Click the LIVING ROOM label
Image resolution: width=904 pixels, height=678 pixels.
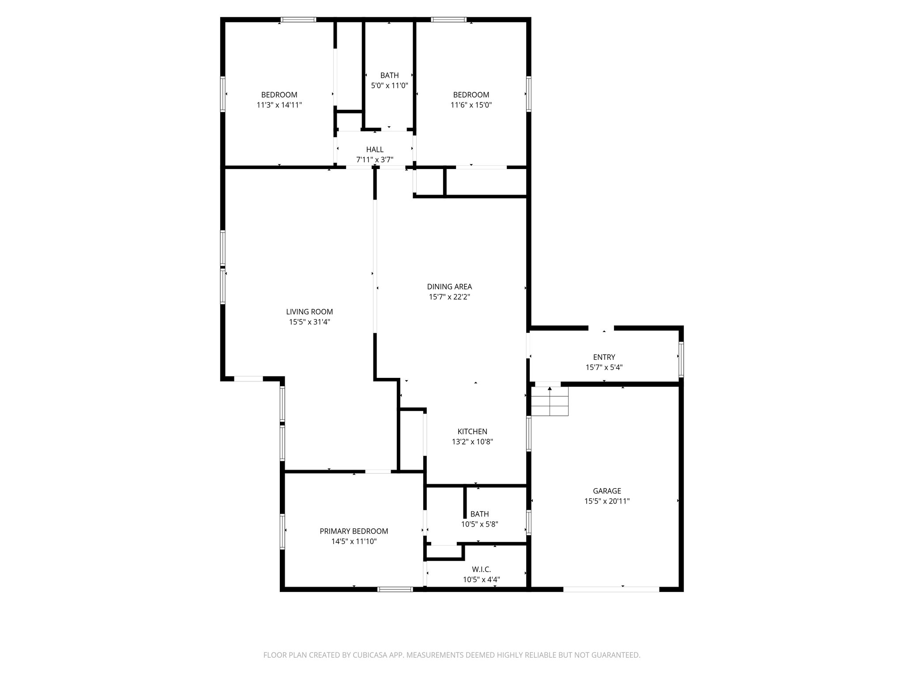coord(309,312)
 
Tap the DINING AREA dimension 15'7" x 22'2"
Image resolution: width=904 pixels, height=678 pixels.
coord(449,297)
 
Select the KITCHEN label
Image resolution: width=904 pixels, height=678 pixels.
coord(472,432)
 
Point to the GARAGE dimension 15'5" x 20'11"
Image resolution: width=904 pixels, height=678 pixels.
coord(607,501)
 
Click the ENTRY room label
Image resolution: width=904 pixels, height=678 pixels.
coord(604,357)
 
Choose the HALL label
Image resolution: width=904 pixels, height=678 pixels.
coord(375,150)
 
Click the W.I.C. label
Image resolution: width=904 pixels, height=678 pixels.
coord(481,569)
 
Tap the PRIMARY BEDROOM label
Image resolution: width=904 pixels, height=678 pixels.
coord(354,531)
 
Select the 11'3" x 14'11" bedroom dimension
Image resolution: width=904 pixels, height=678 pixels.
coord(279,105)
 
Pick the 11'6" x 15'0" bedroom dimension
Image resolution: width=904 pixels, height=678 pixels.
coord(471,105)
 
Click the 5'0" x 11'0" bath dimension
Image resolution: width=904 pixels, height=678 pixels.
coord(389,86)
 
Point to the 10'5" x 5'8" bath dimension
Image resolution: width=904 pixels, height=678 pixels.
coord(479,524)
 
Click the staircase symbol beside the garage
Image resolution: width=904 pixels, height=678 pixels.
coord(550,401)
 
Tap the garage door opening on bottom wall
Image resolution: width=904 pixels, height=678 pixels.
coord(611,589)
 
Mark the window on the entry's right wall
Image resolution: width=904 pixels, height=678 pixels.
coord(681,359)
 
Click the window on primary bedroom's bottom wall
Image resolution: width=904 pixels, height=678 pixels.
coord(395,589)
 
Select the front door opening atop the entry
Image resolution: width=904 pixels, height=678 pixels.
coord(601,328)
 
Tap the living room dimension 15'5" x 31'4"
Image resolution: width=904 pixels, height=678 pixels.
coord(309,322)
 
